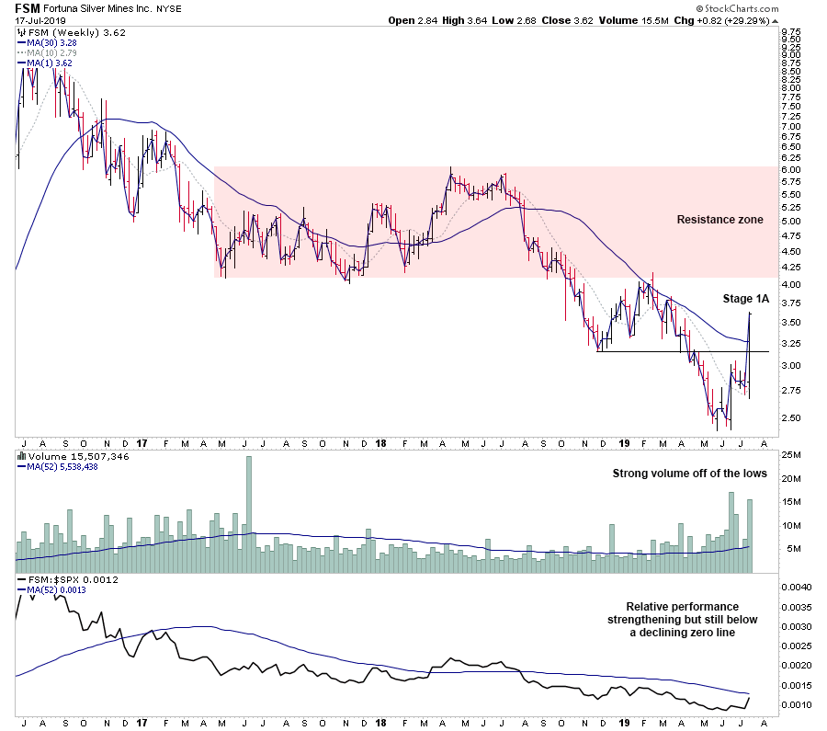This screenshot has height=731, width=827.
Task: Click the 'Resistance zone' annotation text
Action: click(x=719, y=220)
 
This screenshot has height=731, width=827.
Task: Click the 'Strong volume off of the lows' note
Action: click(x=689, y=474)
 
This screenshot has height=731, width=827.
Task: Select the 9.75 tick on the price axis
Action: click(x=790, y=32)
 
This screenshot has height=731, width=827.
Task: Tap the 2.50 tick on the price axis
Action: click(x=790, y=417)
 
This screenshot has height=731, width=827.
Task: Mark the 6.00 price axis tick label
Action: click(x=790, y=169)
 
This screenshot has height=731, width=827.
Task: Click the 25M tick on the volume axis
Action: click(x=790, y=455)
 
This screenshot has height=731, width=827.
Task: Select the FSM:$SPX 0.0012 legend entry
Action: click(x=61, y=581)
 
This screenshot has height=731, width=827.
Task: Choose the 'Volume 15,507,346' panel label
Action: click(x=69, y=455)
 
